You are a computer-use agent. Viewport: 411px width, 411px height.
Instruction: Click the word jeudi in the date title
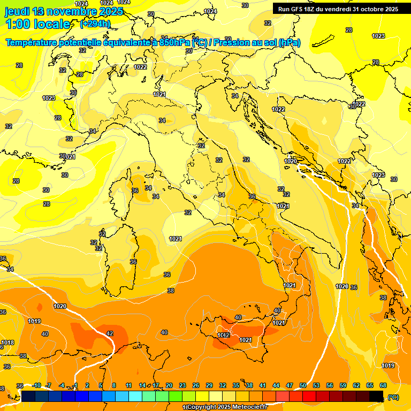[x=18, y=11]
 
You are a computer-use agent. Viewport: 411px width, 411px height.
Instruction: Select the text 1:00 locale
[x=37, y=24]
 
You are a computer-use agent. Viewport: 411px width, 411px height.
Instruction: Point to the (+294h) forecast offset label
[x=95, y=24]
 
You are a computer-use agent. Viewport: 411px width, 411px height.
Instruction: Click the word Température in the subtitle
[x=34, y=43]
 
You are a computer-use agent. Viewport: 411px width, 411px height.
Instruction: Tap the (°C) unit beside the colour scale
[x=393, y=397]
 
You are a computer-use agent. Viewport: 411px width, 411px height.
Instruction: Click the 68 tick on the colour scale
[x=383, y=385]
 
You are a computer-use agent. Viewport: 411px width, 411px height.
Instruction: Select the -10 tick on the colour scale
[x=36, y=385]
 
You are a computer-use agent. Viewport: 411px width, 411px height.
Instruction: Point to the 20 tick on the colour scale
[x=169, y=385]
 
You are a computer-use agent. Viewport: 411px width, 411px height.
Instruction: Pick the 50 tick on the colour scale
[x=303, y=385]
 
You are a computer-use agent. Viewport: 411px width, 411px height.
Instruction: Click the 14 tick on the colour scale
[x=142, y=385]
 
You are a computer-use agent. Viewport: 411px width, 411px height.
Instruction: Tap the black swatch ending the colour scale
[x=377, y=396]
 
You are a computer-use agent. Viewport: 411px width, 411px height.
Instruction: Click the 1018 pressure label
[x=7, y=343]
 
